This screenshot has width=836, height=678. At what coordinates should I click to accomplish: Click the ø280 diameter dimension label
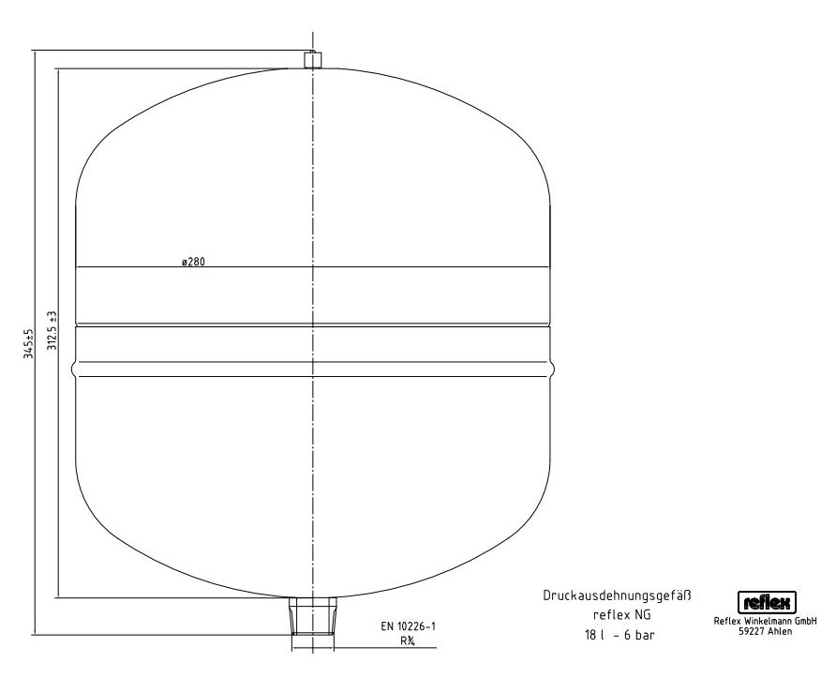point(193,262)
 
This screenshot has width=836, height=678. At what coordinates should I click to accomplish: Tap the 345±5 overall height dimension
point(29,344)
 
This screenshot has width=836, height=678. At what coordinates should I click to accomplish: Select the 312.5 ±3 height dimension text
point(52,331)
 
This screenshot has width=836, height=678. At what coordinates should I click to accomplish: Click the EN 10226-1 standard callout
point(408,626)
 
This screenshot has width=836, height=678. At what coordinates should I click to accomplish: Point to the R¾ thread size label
point(408,641)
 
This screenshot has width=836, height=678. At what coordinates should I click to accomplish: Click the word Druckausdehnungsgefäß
point(617,595)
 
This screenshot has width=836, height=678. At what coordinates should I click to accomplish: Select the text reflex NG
point(621,614)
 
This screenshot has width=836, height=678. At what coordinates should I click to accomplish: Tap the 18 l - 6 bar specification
point(620,635)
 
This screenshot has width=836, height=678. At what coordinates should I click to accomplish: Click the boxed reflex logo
point(767,602)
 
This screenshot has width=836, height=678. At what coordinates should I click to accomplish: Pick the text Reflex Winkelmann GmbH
point(765,622)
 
